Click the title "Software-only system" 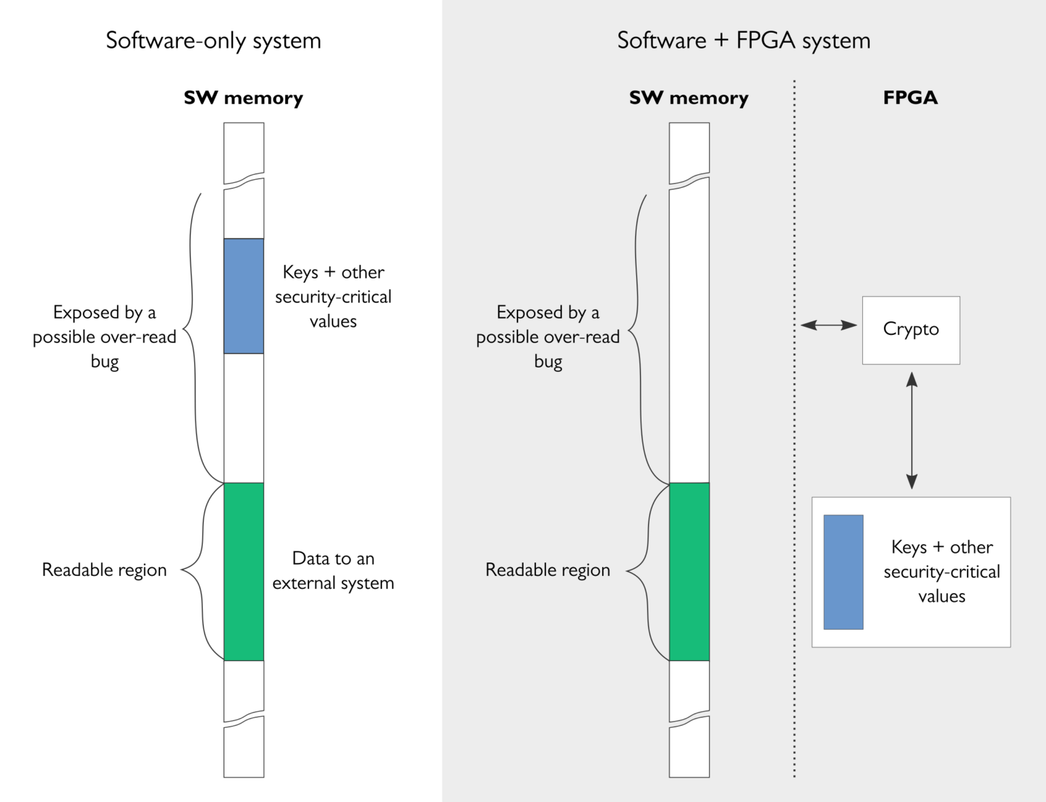[213, 41]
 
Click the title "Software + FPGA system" [743, 41]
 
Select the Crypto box [910, 330]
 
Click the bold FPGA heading [910, 98]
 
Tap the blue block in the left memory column [244, 295]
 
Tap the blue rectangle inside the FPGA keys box [843, 572]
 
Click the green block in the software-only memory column [244, 571]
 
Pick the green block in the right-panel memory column [689, 571]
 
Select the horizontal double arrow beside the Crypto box [828, 325]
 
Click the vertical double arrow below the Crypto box [912, 430]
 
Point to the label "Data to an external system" [333, 571]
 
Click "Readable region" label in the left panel [104, 570]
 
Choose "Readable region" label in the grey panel [548, 570]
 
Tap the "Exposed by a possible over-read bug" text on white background [104, 336]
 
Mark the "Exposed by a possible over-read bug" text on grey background [548, 336]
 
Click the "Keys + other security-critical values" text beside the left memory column [333, 297]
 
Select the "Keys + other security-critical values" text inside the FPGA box [942, 572]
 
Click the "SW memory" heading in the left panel [243, 98]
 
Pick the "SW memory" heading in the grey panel [688, 98]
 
